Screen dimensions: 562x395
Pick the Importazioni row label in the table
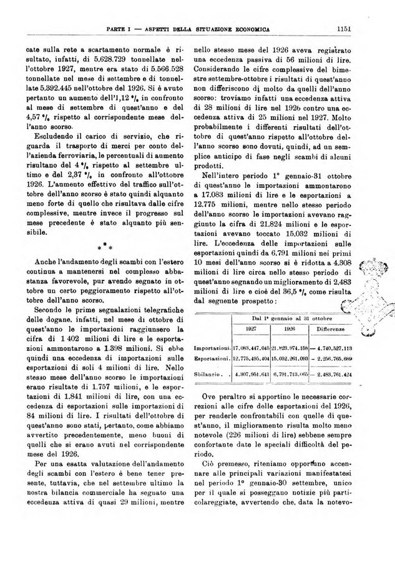tap(213, 347)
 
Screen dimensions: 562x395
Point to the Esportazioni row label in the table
tap(213, 358)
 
